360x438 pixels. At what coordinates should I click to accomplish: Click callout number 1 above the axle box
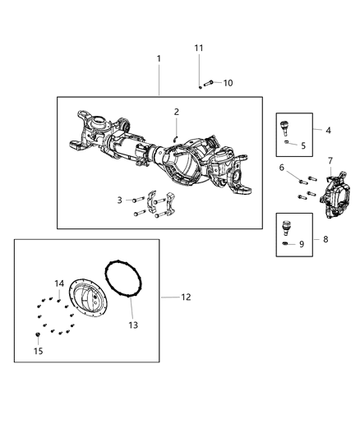point(159,58)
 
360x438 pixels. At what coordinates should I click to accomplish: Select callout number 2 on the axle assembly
point(176,111)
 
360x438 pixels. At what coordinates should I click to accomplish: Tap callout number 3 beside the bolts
point(119,200)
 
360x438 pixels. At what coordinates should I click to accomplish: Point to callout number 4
point(328,131)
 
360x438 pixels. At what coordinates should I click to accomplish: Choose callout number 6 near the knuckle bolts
point(282,168)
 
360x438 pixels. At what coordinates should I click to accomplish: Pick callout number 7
point(330,160)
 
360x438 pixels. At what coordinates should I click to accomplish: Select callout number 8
point(328,240)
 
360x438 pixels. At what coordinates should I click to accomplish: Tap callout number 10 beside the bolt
point(228,83)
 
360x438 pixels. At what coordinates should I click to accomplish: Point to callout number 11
point(199,48)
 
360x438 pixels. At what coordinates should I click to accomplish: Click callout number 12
point(186,297)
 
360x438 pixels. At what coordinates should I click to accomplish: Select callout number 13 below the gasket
point(133,325)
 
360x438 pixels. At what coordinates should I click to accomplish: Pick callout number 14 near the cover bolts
point(59,284)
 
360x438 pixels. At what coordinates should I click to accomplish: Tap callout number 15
point(37,351)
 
